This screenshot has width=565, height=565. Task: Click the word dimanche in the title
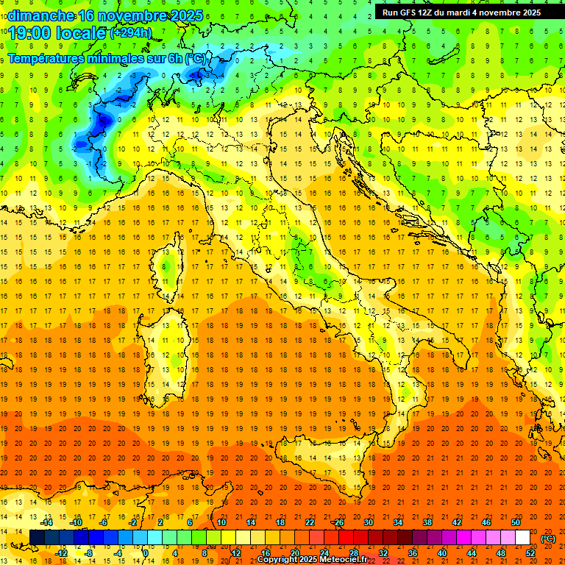(41, 15)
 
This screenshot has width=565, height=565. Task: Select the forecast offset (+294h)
(131, 33)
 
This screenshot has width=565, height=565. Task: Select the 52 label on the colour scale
(530, 552)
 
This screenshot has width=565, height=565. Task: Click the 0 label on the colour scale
(146, 552)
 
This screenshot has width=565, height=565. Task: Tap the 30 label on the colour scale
(368, 522)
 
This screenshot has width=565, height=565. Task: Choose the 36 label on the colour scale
(413, 552)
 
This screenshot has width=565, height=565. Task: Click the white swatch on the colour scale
(522, 537)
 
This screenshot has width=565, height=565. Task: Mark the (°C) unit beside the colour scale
(548, 539)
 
